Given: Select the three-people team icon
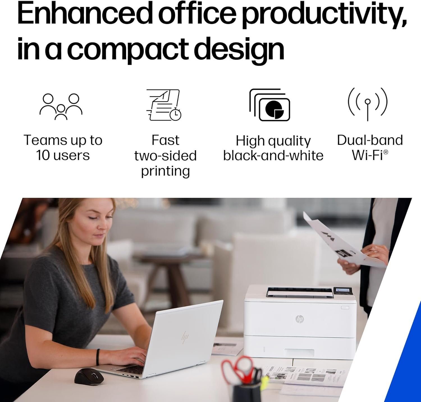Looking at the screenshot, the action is pos(61,106).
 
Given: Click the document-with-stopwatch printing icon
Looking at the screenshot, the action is pos(164,105).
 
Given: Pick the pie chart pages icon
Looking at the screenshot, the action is pos(270,105).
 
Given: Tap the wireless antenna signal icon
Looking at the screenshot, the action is pos(368,104).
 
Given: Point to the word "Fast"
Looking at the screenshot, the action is pos(165,140).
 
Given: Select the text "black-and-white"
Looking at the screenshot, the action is pos(273,155).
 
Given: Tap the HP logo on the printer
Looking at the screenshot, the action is pos(300,319).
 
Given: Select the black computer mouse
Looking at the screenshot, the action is pos(89,376).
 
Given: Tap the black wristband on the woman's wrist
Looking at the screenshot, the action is pos(98,357).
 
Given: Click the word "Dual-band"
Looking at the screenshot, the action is pos(370,140).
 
